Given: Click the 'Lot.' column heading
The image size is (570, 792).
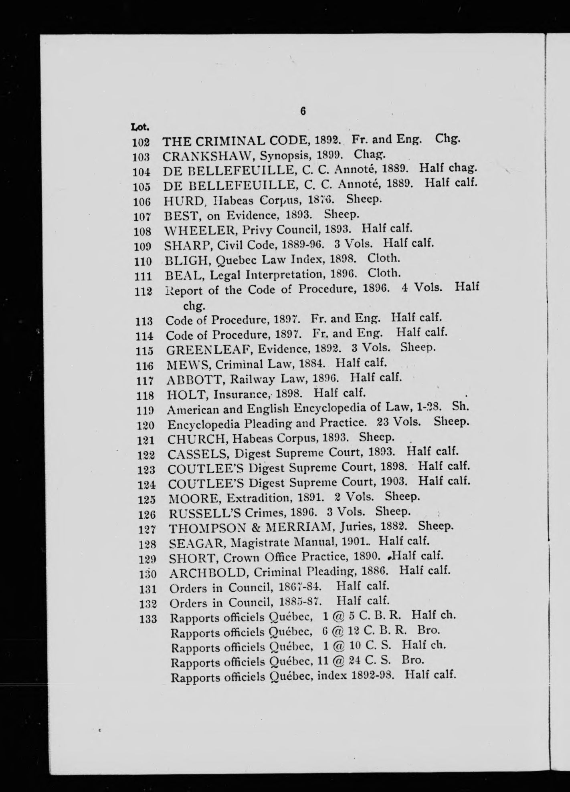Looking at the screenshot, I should click(x=140, y=128).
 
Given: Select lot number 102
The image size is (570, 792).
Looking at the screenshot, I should click(x=141, y=142).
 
